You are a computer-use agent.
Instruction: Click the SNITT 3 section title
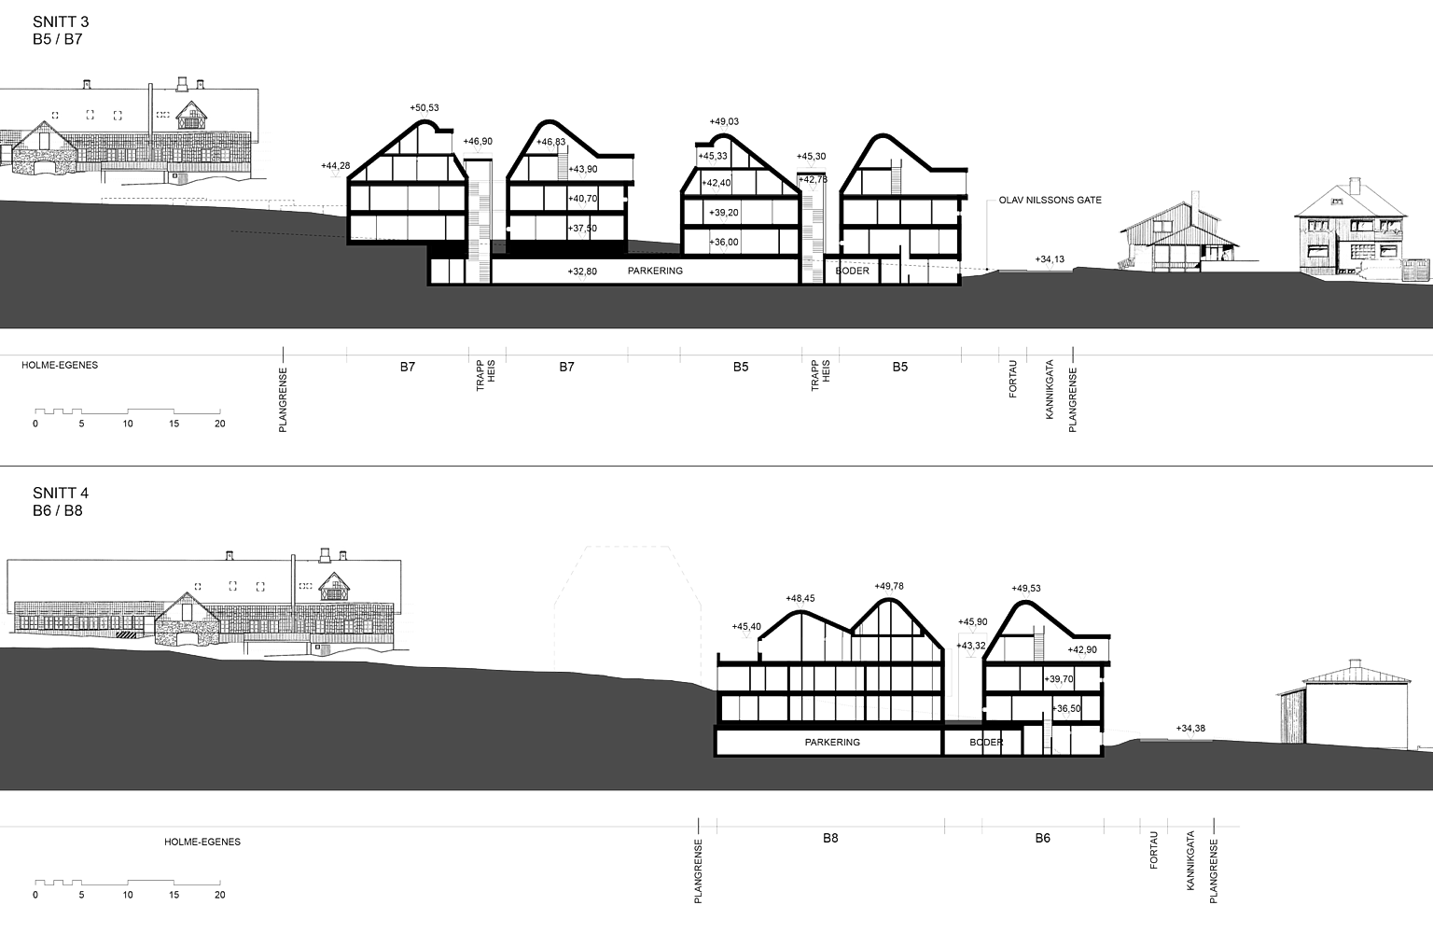[61, 21]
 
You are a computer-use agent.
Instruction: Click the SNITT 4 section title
[61, 492]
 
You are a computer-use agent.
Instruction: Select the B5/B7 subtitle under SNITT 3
[57, 39]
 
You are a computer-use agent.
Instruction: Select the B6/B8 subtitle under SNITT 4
[57, 510]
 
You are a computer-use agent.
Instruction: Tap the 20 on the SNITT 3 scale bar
[220, 424]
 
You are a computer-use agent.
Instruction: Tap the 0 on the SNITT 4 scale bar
[35, 895]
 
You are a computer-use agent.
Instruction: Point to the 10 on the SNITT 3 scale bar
[128, 424]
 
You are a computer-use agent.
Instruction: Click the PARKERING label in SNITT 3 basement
[656, 271]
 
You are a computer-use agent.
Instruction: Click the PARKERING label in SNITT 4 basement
[832, 743]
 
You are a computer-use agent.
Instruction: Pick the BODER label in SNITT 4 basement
[986, 743]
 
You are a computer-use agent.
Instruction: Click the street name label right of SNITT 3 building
[1050, 200]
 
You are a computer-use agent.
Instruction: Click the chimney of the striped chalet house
[1190, 195]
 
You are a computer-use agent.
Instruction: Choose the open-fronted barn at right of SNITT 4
[1342, 704]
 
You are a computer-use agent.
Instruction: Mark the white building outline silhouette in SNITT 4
[627, 606]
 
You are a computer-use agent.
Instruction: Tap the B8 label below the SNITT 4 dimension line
[830, 839]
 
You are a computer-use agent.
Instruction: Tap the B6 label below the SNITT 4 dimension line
[1043, 839]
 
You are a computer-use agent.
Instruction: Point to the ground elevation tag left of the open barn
[1190, 728]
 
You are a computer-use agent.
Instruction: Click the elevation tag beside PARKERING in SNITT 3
[582, 271]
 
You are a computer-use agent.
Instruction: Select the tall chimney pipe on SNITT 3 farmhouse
[150, 107]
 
